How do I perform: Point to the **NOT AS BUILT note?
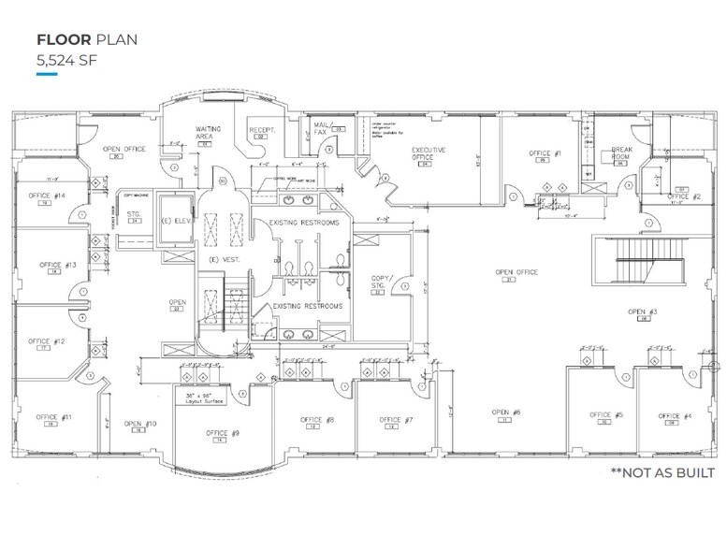pos(662,472)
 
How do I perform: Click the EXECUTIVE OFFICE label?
pos(429,153)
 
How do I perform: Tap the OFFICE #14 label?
pos(46,195)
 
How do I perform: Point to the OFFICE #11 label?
pos(53,416)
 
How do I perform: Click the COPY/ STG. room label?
pos(383,282)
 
